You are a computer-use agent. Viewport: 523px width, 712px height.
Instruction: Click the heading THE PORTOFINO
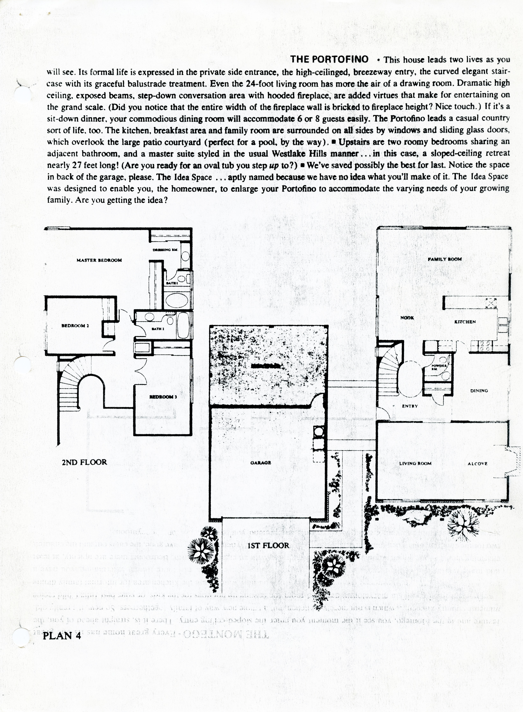[329, 59]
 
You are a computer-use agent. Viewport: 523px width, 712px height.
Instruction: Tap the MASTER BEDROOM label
[99, 260]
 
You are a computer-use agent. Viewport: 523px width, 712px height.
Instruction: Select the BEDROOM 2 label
[73, 326]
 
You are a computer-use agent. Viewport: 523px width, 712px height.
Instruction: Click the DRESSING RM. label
[165, 250]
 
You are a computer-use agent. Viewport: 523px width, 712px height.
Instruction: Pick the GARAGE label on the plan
[261, 462]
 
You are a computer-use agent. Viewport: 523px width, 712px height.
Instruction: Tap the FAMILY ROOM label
[444, 259]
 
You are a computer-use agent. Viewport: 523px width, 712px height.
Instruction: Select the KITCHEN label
[465, 322]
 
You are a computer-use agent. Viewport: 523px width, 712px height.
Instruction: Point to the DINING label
[479, 391]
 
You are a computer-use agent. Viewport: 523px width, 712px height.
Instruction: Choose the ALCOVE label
[477, 464]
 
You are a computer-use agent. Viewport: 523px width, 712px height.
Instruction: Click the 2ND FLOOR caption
[84, 462]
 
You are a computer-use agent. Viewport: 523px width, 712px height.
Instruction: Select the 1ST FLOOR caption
[268, 545]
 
